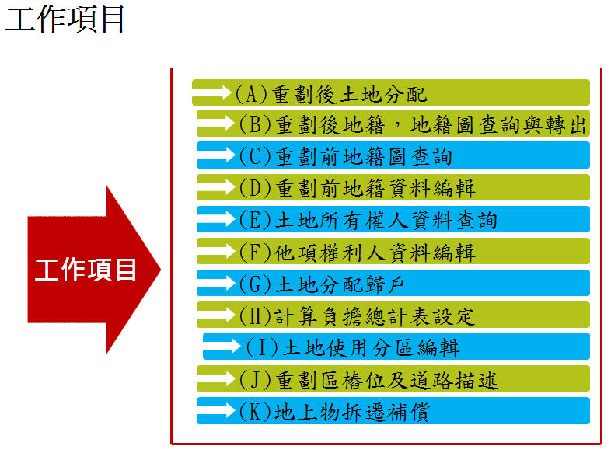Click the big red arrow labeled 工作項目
(x=93, y=270)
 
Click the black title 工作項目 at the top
(x=65, y=19)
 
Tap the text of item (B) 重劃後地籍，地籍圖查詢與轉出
(x=413, y=124)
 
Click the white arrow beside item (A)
(x=212, y=92)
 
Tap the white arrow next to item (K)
(x=216, y=410)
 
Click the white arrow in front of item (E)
(x=216, y=219)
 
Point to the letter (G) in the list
(x=255, y=284)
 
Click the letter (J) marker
(x=255, y=379)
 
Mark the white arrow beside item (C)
(x=216, y=155)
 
